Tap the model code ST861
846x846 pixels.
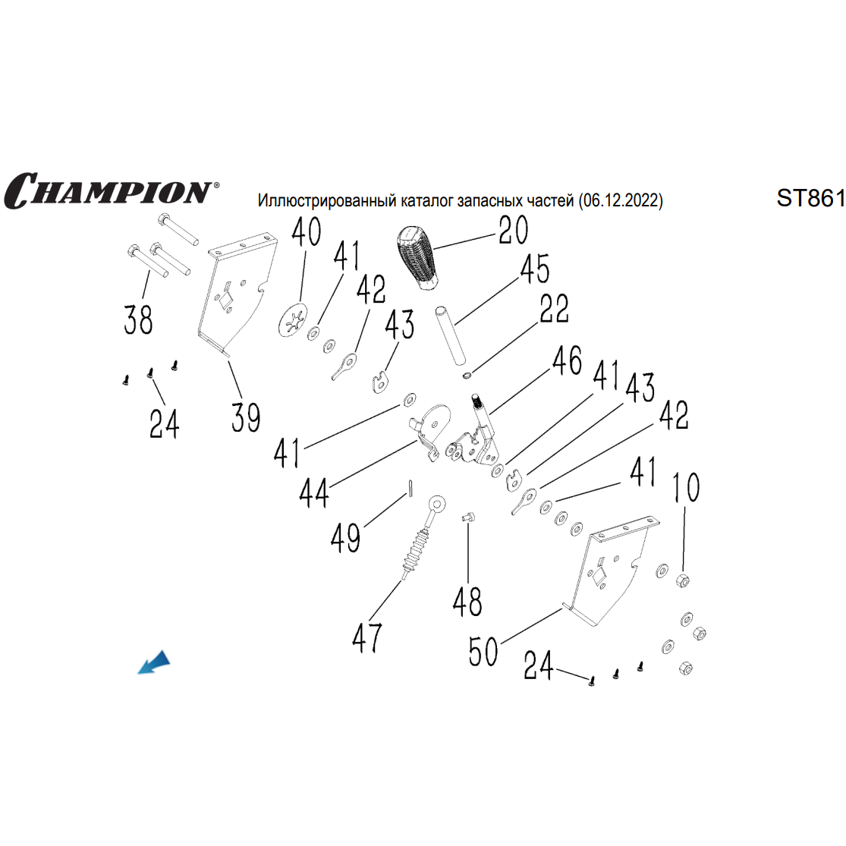[x=810, y=198]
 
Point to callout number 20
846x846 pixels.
[x=513, y=230]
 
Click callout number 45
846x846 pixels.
[x=534, y=269]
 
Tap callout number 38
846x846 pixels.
[x=139, y=319]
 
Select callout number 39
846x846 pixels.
[x=246, y=417]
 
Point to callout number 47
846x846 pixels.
[x=367, y=637]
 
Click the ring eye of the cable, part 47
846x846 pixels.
[x=436, y=504]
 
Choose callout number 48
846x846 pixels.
[x=467, y=602]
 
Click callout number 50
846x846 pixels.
[x=483, y=651]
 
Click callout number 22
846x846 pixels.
[x=554, y=308]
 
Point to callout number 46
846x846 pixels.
[x=567, y=361]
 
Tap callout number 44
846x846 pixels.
[x=314, y=493]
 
